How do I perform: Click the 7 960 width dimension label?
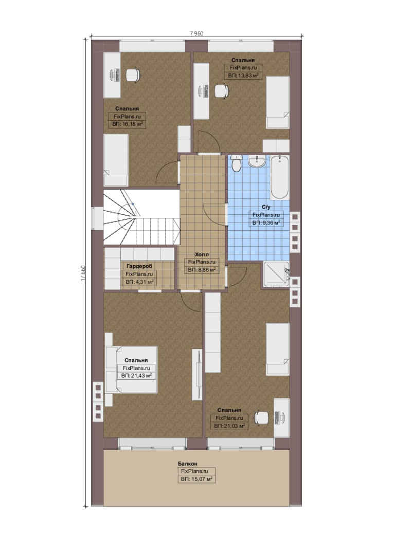pyautogui.click(x=196, y=33)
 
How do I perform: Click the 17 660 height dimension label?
pyautogui.click(x=83, y=273)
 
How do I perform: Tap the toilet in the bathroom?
pyautogui.click(x=236, y=164)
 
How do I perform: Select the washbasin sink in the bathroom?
pyautogui.click(x=258, y=161)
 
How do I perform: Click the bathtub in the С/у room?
pyautogui.click(x=280, y=177)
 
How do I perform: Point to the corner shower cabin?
pyautogui.click(x=276, y=274)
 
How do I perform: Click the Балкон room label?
pyautogui.click(x=187, y=464)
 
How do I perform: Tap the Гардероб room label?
pyautogui.click(x=137, y=266)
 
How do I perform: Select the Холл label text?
pyautogui.click(x=202, y=254)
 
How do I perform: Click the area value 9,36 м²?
pyautogui.click(x=266, y=223)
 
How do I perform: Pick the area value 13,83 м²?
pyautogui.click(x=243, y=76)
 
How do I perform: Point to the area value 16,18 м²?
pyautogui.click(x=127, y=124)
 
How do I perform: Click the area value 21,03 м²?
pyautogui.click(x=229, y=426)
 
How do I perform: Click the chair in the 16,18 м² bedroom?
pyautogui.click(x=133, y=75)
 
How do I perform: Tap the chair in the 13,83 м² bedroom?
pyautogui.click(x=221, y=90)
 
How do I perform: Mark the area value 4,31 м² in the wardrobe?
pyautogui.click(x=139, y=282)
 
